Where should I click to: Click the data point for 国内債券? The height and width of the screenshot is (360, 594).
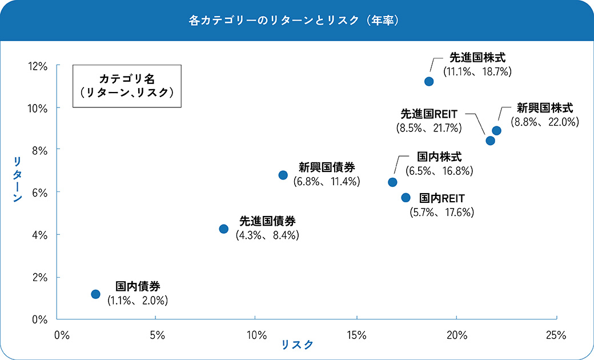click(x=95, y=294)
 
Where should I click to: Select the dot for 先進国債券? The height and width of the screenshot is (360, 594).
click(x=223, y=229)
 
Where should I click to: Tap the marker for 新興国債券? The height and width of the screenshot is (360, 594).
click(x=283, y=175)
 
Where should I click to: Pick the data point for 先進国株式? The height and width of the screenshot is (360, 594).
click(x=429, y=81)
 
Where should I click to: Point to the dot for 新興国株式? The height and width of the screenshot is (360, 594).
click(x=496, y=130)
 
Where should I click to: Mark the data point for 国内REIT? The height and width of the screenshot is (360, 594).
click(x=406, y=197)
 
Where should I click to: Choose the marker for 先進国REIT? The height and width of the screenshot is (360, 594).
click(x=490, y=141)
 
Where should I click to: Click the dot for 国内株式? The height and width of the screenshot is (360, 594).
click(x=392, y=182)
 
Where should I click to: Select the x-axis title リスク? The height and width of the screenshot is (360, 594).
click(x=297, y=345)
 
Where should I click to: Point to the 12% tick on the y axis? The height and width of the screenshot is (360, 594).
click(x=38, y=66)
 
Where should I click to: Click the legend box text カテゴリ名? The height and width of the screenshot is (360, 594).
click(x=127, y=78)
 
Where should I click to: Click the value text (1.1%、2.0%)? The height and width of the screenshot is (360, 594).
click(x=138, y=300)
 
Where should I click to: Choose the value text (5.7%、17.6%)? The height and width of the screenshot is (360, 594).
click(x=442, y=213)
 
